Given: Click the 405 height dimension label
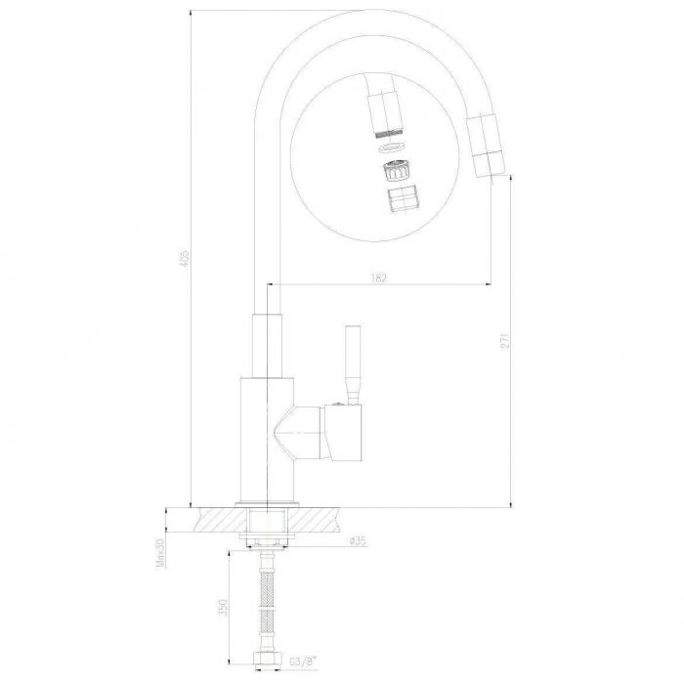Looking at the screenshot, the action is (185, 258).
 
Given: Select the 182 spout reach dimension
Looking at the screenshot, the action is (379, 278).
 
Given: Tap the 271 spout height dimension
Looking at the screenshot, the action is (505, 341).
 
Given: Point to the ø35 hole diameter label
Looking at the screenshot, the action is (358, 541).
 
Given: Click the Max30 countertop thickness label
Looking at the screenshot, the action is (161, 553).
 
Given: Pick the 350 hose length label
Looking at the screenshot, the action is (223, 607).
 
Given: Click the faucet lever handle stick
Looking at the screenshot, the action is (353, 364).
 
